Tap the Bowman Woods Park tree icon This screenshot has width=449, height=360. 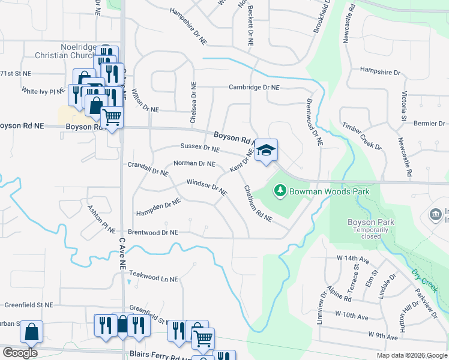click(x=279, y=191)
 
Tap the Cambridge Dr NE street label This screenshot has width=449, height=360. click(x=254, y=87)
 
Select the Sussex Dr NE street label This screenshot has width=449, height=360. click(x=200, y=147)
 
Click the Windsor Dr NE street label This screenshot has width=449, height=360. click(x=206, y=187)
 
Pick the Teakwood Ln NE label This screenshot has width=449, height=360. click(x=154, y=279)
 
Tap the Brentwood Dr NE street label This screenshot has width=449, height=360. click(x=153, y=232)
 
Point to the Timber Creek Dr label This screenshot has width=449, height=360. click(x=362, y=136)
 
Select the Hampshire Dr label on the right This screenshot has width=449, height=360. click(x=380, y=71)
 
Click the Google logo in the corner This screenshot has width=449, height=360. click(x=20, y=353)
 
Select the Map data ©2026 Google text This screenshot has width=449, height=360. click(x=411, y=355)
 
